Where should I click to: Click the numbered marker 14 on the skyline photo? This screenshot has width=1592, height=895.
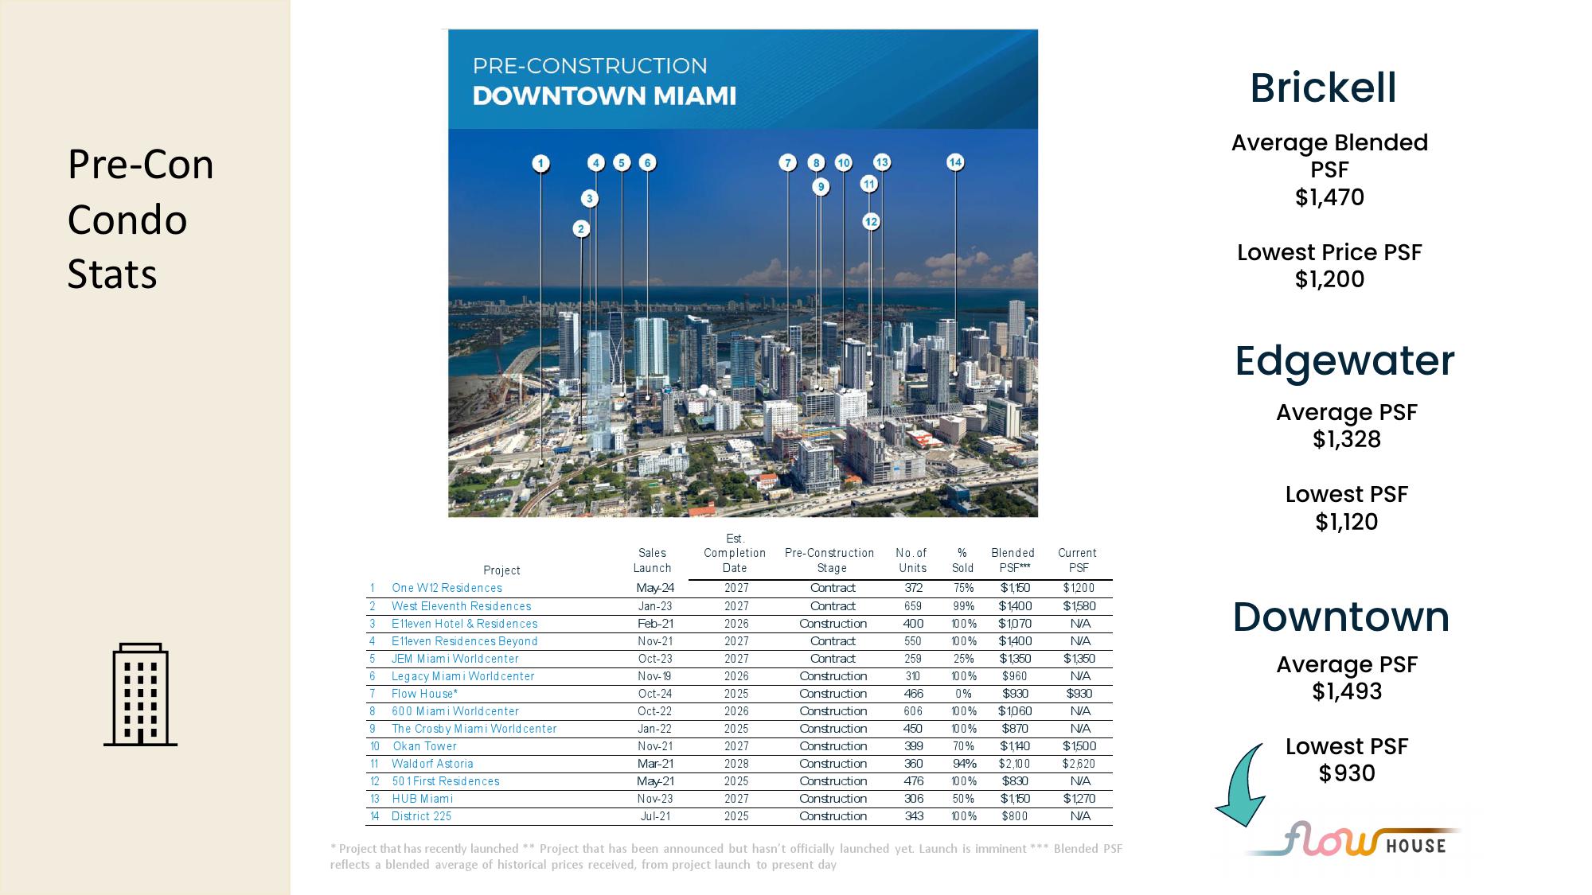point(955,162)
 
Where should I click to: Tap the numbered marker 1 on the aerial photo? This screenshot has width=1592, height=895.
point(541,164)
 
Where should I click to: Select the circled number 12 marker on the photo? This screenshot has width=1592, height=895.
point(871,222)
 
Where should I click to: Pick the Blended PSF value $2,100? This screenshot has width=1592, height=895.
point(1015,764)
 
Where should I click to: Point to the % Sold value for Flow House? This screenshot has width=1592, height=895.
point(963,694)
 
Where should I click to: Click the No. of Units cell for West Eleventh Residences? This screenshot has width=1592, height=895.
point(913,606)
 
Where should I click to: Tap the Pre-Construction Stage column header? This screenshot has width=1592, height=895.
point(830,560)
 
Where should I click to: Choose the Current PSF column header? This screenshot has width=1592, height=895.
point(1078,560)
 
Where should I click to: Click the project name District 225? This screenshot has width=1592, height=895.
point(421,816)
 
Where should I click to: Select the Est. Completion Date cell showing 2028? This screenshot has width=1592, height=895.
point(736,764)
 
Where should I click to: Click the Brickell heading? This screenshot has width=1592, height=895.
point(1323,88)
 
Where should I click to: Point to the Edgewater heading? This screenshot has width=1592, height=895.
point(1344,360)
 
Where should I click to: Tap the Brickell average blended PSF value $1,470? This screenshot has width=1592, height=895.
point(1329,197)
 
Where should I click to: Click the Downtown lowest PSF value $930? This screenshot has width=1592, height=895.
point(1347,773)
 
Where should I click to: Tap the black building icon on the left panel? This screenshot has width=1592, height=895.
point(140,695)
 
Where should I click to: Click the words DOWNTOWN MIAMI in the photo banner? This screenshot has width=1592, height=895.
point(604,96)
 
